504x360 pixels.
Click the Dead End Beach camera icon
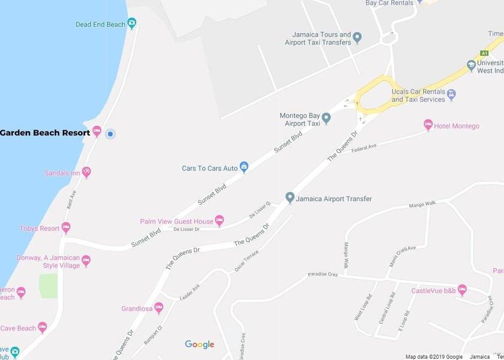tap(132, 24)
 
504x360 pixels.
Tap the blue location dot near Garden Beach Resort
tap(110, 134)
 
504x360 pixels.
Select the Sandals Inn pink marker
tap(86, 173)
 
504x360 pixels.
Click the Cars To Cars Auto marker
tap(244, 167)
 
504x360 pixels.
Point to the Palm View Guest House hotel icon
tap(220, 221)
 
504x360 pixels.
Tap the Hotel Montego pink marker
tap(428, 125)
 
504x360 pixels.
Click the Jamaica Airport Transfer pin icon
tap(290, 197)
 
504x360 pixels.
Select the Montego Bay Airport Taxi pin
tap(326, 118)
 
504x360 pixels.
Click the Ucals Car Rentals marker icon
tap(452, 94)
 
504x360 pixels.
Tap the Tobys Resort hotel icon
tap(66, 228)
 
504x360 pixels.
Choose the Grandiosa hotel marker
tap(158, 308)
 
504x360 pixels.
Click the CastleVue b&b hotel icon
tap(462, 290)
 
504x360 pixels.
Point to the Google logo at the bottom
tap(199, 344)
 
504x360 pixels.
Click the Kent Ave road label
tap(71, 200)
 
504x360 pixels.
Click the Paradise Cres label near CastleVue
tap(323, 275)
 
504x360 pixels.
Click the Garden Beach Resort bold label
tap(45, 133)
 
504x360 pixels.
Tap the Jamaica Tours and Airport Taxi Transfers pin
tap(357, 38)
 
